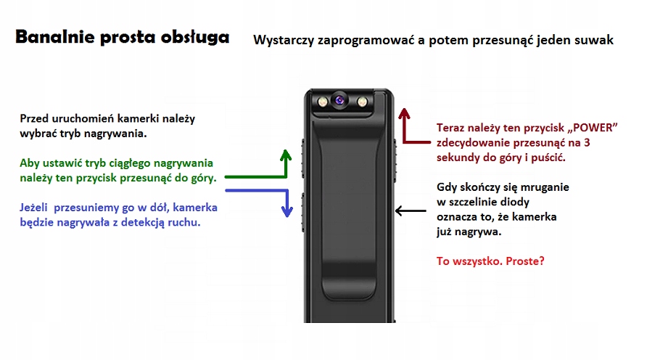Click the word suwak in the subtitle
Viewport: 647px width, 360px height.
pyautogui.click(x=596, y=41)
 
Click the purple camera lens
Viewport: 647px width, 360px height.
pyautogui.click(x=339, y=100)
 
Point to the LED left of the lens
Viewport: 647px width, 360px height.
pyautogui.click(x=320, y=101)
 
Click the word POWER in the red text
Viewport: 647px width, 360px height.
pyautogui.click(x=593, y=128)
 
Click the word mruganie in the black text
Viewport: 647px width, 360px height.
pyautogui.click(x=543, y=187)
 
